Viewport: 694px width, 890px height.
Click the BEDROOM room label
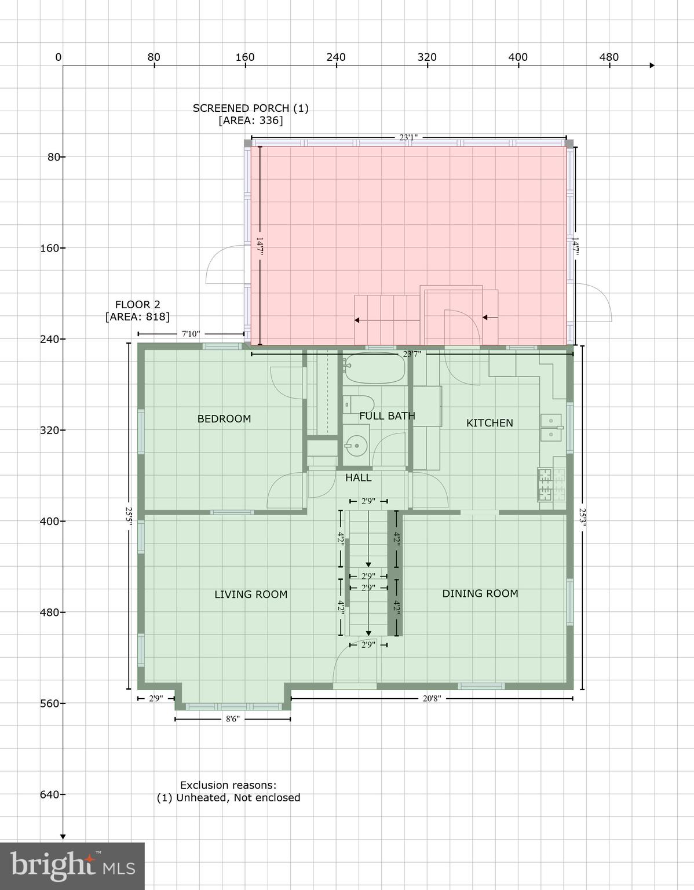tap(224, 419)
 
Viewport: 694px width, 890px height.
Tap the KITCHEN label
tap(490, 423)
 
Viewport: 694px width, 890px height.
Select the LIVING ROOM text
tap(251, 594)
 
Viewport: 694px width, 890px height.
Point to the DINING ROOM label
tap(480, 593)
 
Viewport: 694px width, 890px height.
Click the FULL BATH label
tap(387, 416)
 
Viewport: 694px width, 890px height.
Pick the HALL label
tap(358, 478)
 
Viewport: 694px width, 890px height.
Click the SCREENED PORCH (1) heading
tap(250, 108)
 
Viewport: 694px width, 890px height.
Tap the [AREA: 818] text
tap(137, 317)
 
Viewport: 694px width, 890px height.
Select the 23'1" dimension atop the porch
tap(408, 138)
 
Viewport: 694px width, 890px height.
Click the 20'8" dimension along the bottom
tap(432, 699)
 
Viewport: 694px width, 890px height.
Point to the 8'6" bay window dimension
tap(232, 719)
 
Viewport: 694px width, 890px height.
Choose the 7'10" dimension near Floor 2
tap(191, 334)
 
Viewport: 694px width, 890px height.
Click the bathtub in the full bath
tap(374, 367)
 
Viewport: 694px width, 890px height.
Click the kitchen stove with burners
tap(551, 484)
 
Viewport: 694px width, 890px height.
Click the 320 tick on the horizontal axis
tap(427, 57)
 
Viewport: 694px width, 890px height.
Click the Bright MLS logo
tap(72, 866)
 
